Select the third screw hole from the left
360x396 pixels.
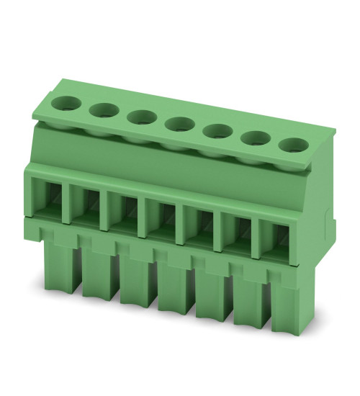click(140, 116)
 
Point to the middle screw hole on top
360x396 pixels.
click(176, 124)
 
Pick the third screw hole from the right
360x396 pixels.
click(214, 131)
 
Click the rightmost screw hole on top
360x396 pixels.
click(292, 145)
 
